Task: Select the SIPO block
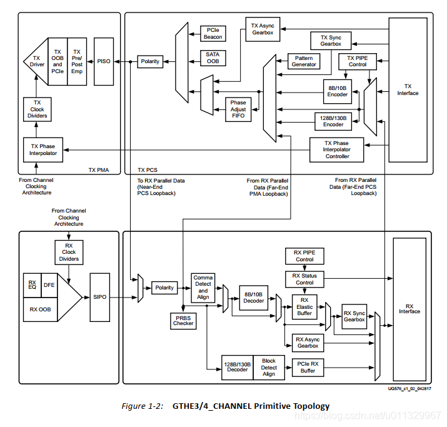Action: (99, 297)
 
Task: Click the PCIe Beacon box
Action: (213, 34)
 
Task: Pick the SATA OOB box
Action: (213, 58)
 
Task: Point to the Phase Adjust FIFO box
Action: (238, 109)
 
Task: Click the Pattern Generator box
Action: (303, 61)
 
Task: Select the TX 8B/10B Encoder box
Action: (337, 92)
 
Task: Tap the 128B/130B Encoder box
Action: (332, 121)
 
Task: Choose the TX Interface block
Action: (408, 89)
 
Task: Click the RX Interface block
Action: (409, 308)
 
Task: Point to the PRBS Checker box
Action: (183, 321)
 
